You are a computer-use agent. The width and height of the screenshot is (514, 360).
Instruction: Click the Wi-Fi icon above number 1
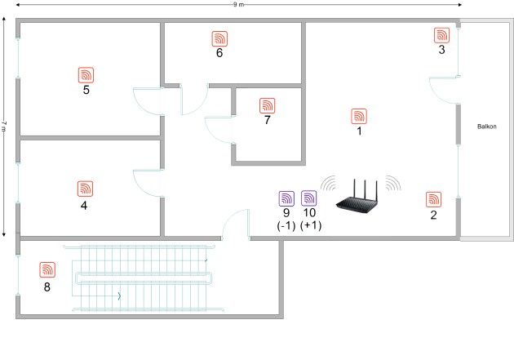(x=359, y=117)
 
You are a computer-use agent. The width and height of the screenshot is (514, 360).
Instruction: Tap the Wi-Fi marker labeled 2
(x=434, y=200)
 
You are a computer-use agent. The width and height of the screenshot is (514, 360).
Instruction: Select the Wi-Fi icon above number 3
(x=442, y=35)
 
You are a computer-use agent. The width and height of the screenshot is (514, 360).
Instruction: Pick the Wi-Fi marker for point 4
(x=85, y=189)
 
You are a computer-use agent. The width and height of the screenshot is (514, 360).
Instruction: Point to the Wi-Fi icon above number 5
(x=86, y=75)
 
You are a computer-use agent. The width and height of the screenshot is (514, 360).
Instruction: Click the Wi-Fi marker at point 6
(x=219, y=38)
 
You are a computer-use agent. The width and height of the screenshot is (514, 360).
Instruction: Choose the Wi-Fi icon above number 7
(x=267, y=105)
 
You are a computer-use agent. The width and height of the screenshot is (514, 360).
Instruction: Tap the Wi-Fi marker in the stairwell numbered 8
(x=47, y=270)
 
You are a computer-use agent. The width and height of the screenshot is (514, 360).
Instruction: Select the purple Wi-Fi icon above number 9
(x=286, y=198)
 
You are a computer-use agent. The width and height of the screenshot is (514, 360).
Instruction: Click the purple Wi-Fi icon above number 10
(x=308, y=198)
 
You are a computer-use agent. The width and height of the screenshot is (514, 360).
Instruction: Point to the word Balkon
(x=486, y=127)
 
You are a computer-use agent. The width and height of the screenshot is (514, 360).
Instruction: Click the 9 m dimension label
(x=238, y=5)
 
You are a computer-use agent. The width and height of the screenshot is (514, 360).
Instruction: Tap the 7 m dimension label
(x=4, y=127)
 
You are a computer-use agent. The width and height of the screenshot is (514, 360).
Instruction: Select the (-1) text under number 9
(x=286, y=226)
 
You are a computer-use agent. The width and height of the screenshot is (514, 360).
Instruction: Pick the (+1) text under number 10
(x=311, y=226)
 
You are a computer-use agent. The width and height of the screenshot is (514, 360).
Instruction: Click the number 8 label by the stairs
(x=47, y=287)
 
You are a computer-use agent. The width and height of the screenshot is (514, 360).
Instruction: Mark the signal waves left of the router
(x=329, y=184)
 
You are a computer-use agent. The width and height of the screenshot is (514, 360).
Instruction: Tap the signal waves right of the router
(x=393, y=184)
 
